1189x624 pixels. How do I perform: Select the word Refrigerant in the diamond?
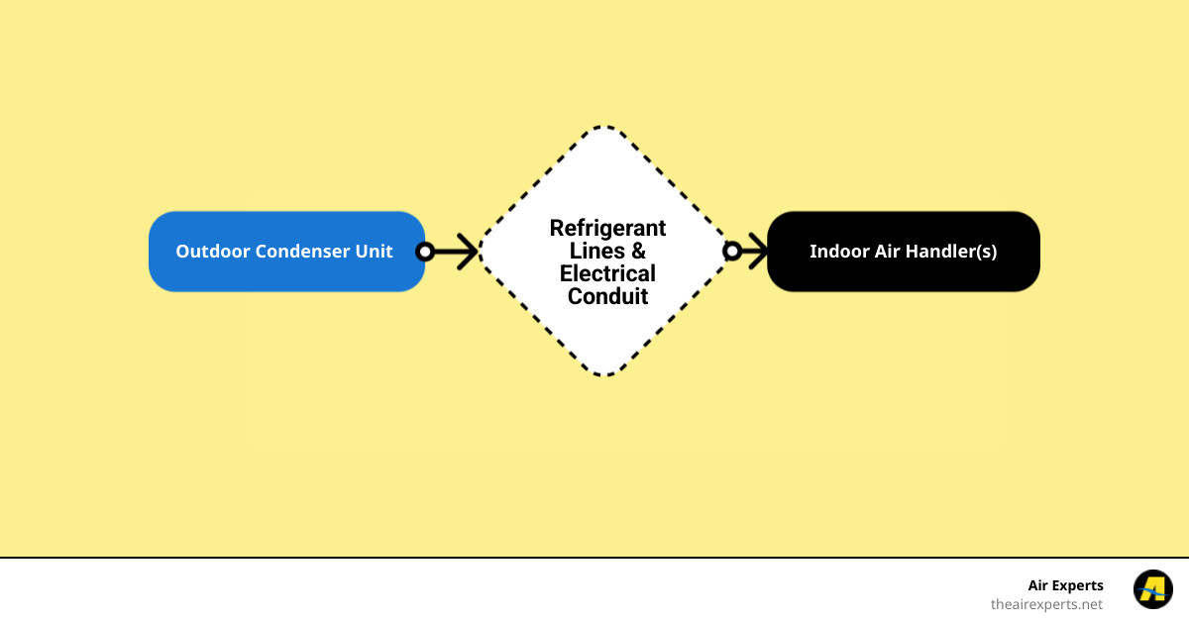607,228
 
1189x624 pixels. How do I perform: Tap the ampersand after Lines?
638,251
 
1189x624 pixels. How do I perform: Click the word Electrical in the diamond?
607,273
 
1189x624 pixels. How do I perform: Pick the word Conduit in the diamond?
607,296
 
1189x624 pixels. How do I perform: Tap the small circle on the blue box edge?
425,252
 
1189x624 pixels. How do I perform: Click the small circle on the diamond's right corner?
732,252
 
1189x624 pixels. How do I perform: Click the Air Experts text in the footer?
1065,585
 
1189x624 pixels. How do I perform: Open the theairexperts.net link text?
1046,603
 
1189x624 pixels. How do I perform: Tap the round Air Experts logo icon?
1152,589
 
